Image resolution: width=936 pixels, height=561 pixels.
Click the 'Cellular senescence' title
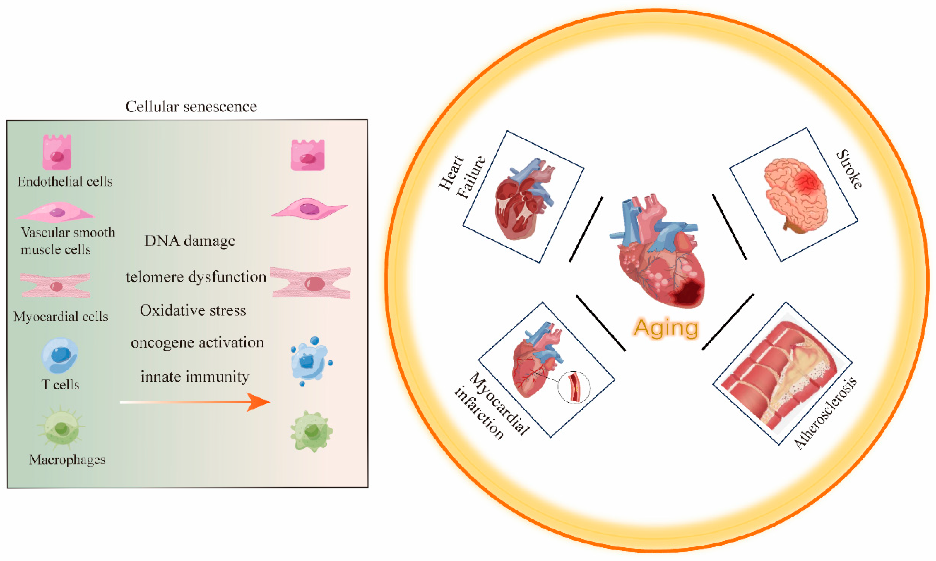(191, 107)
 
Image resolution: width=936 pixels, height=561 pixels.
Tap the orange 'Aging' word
(666, 328)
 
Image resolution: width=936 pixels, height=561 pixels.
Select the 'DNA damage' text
(190, 241)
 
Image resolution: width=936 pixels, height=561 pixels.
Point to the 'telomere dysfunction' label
(196, 277)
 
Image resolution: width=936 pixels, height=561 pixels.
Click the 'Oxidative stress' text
(193, 311)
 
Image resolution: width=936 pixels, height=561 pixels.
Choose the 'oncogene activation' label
(197, 343)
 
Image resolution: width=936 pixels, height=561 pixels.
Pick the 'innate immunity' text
(195, 377)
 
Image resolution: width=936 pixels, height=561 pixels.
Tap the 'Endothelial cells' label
(65, 182)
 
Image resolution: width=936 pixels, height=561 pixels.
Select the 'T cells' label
(61, 385)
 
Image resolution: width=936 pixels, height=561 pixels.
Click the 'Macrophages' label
(67, 460)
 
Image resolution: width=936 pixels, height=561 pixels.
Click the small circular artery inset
(574, 387)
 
